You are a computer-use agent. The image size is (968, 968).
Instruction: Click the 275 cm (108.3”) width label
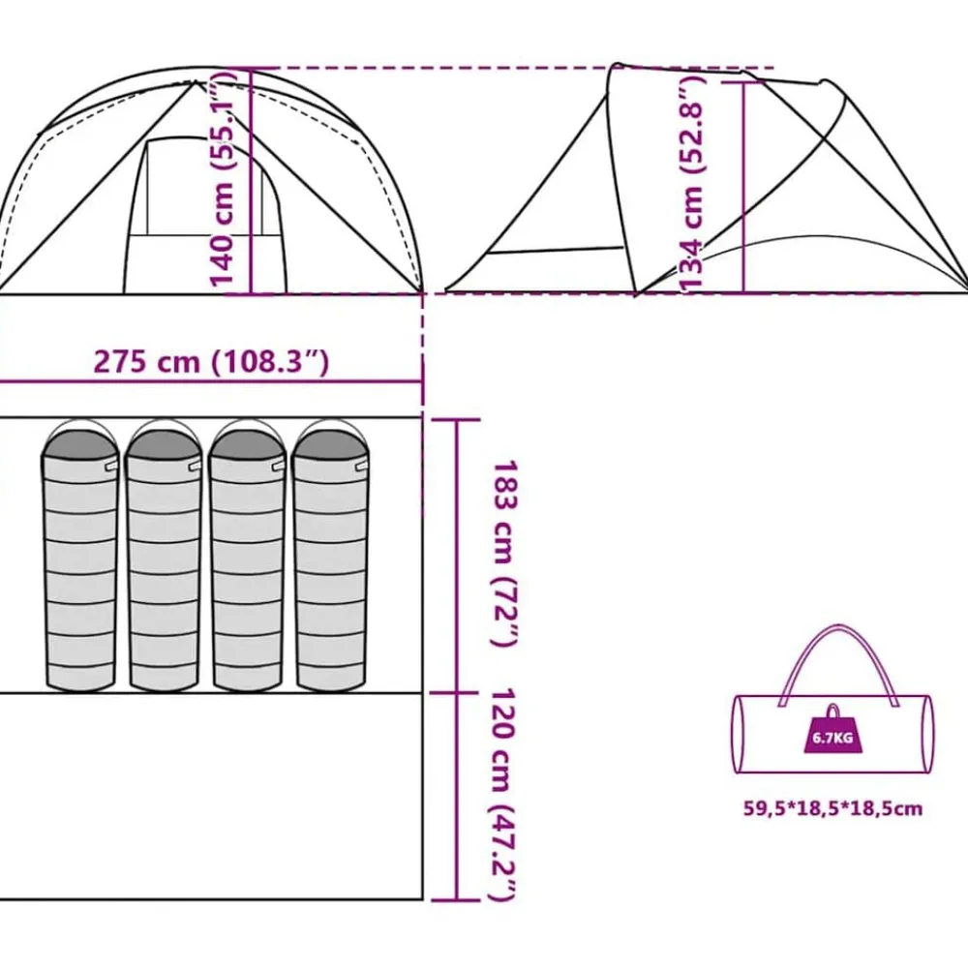(x=210, y=362)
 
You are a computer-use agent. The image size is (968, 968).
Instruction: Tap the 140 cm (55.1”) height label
(x=224, y=180)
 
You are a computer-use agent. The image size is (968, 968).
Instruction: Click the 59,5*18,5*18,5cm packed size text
(x=832, y=808)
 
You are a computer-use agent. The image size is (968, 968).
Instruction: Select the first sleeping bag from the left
(x=79, y=555)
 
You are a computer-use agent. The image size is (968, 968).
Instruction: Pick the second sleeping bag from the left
(x=164, y=555)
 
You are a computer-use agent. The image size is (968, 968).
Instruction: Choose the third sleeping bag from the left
(x=247, y=555)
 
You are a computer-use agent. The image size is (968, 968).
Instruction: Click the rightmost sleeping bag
(x=330, y=555)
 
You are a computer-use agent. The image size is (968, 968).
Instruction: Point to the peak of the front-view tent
(x=196, y=81)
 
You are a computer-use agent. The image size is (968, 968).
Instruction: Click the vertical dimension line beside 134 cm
(x=743, y=187)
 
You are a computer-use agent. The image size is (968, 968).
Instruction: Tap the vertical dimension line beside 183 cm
(x=457, y=557)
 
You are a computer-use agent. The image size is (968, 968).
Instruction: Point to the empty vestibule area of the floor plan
(x=210, y=797)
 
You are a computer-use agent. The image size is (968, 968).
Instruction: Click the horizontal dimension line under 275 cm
(x=210, y=381)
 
